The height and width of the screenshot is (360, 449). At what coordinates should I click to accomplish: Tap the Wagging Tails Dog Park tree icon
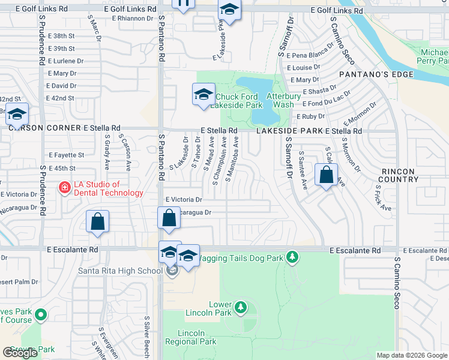pos(292,257)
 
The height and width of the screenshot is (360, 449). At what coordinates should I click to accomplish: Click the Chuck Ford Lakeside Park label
pos(239,101)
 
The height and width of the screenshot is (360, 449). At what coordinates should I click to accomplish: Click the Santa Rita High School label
pos(120,271)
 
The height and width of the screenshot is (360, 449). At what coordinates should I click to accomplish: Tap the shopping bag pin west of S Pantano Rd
pos(97,221)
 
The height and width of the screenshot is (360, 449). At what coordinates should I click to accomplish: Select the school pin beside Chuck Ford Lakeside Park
pos(203,94)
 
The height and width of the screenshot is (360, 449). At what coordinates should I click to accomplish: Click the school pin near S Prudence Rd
pos(17,113)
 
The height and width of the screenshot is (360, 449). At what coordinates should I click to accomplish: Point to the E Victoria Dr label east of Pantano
pos(184,199)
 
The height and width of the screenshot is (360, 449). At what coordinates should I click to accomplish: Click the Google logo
pos(20,353)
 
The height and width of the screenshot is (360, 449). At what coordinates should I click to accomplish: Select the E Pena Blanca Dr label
pos(310,54)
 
